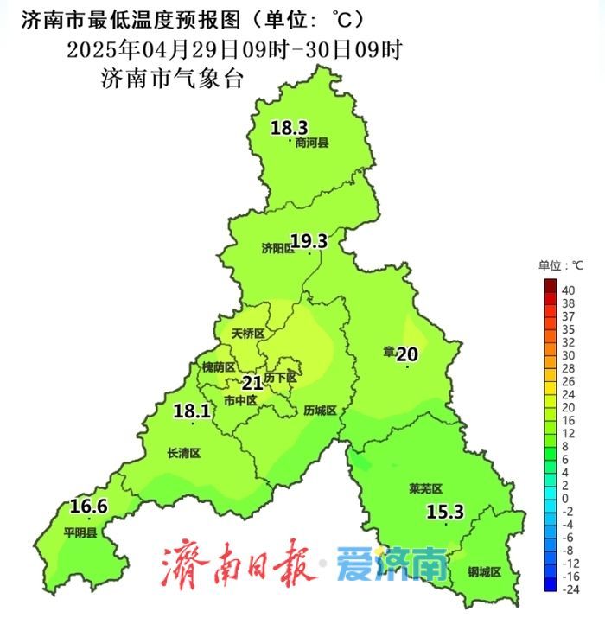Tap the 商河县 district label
(312, 143)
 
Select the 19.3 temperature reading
(309, 241)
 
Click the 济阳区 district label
(278, 248)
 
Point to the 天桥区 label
(248, 333)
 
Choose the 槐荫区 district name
(219, 366)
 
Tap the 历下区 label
(280, 378)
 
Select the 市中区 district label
(240, 400)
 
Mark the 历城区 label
(321, 410)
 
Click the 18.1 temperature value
(191, 411)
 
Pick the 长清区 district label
(183, 452)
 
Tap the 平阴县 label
(80, 532)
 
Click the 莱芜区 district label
(425, 488)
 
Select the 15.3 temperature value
(445, 513)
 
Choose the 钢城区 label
(484, 570)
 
